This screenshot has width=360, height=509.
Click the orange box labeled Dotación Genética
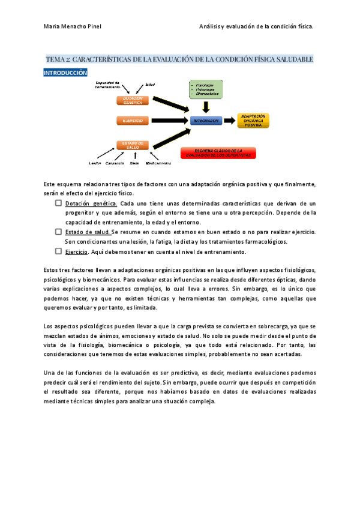coord(133,100)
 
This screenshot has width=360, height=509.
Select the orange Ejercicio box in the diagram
coord(133,121)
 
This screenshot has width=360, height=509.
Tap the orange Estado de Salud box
coord(133,145)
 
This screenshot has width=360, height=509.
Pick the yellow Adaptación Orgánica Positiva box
coord(253,120)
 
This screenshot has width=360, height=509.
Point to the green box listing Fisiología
coord(205,89)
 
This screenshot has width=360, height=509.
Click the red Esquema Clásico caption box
coord(218,153)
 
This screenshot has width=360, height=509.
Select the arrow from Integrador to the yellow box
coord(229,121)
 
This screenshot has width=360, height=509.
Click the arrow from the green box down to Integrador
coord(206,106)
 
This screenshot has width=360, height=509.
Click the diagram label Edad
coord(150,84)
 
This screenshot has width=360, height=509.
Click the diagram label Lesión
coord(94,163)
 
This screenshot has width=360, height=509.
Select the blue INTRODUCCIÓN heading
coord(66,73)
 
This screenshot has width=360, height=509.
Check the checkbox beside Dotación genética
coord(58,203)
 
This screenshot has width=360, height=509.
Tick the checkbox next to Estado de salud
coord(58,232)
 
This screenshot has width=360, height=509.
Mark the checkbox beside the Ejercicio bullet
coord(58,251)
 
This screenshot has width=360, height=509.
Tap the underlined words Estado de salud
coord(87,232)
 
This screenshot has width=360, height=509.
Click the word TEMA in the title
coord(56,59)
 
